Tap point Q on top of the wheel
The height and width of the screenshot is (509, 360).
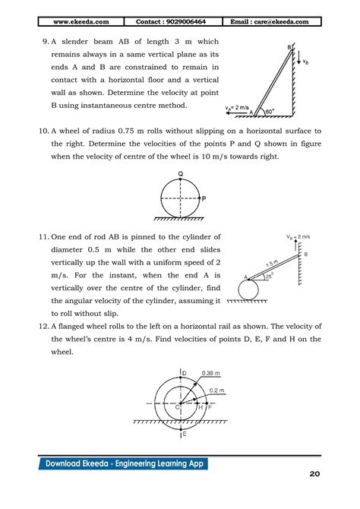(x=180, y=174)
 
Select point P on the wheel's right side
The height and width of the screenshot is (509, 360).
(x=203, y=198)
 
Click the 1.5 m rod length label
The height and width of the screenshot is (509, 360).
(x=271, y=262)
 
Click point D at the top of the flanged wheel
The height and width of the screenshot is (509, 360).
(x=184, y=373)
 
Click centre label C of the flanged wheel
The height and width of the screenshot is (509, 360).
(x=177, y=407)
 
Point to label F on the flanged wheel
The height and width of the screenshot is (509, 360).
(x=210, y=408)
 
